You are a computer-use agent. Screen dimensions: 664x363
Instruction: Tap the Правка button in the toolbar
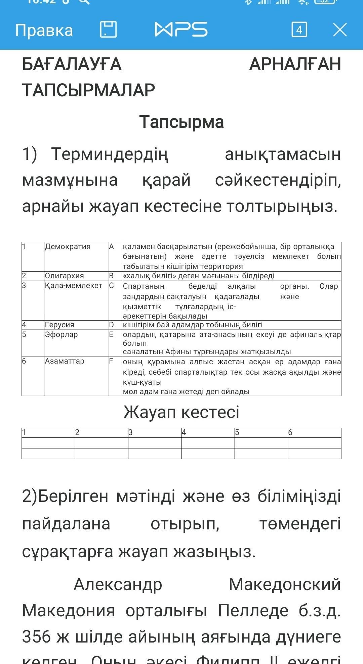click(44, 30)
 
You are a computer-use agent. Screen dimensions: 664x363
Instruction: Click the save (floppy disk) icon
click(109, 30)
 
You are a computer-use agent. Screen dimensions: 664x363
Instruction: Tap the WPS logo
click(181, 30)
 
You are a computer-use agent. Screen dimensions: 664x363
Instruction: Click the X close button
click(340, 30)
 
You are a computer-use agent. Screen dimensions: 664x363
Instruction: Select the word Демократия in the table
click(68, 247)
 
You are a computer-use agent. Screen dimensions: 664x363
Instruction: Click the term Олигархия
click(65, 276)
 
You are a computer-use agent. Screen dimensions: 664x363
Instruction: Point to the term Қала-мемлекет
click(74, 286)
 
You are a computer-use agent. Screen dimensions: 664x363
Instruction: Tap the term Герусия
click(60, 325)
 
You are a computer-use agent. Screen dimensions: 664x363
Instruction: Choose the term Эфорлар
click(62, 335)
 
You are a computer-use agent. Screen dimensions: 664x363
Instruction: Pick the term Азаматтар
click(65, 361)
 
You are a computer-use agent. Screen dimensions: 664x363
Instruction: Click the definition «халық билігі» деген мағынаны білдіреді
click(199, 276)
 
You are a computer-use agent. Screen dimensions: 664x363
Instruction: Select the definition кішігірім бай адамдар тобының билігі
click(193, 325)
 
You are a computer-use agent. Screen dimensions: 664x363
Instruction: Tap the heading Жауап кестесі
click(182, 412)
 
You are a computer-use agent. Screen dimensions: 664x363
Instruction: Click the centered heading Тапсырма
click(182, 122)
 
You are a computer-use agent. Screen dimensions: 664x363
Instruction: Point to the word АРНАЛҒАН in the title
click(295, 64)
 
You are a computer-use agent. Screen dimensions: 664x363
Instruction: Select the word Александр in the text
click(118, 584)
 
